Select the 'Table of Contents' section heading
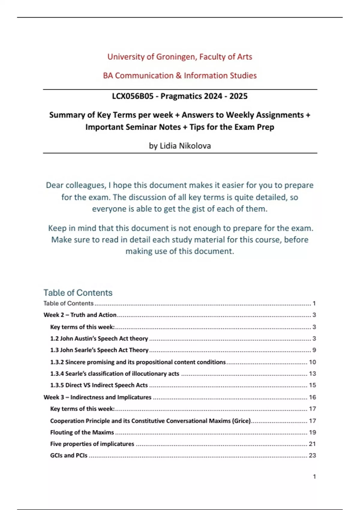[78, 292]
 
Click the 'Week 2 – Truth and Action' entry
[80, 315]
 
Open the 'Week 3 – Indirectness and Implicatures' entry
[97, 397]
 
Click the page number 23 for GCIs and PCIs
[312, 455]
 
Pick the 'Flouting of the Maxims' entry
[82, 432]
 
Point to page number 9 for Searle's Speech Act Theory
[314, 350]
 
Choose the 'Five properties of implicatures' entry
[92, 444]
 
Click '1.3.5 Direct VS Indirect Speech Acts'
[99, 385]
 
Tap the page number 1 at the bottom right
[314, 476]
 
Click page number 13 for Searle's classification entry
[312, 374]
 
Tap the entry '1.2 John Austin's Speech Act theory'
[99, 338]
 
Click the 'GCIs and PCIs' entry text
[69, 455]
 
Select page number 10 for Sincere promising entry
[312, 362]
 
